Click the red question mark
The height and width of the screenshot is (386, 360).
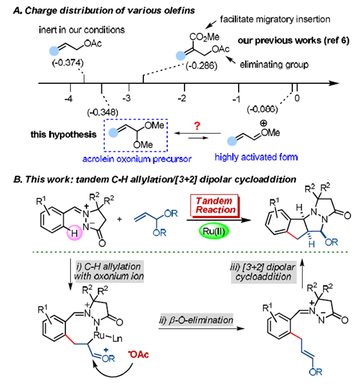point(197,126)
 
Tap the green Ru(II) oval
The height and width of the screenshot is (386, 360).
point(214,231)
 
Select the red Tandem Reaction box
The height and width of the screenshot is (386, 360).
point(215,206)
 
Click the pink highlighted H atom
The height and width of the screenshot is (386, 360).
point(74,232)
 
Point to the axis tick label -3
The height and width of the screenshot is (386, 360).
point(126,99)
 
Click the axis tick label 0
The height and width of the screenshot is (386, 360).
point(297,98)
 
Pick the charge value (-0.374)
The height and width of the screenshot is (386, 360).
point(68,63)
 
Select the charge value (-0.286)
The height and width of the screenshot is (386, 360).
point(201,66)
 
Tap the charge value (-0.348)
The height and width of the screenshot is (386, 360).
point(103,112)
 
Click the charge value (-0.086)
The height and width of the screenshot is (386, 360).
point(263,109)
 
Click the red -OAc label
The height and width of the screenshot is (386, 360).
point(139,354)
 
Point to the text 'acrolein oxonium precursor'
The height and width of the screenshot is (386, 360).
point(137,159)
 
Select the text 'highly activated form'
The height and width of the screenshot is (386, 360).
point(256,157)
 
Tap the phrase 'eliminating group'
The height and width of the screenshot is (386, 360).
point(274,65)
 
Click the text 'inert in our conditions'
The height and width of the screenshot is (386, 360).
point(82,30)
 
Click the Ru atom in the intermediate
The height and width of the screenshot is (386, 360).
point(99,336)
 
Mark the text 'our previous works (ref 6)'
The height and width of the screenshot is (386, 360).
point(294,41)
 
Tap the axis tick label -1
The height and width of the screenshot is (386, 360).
point(236,99)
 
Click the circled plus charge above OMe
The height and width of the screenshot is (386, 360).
point(263,123)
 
